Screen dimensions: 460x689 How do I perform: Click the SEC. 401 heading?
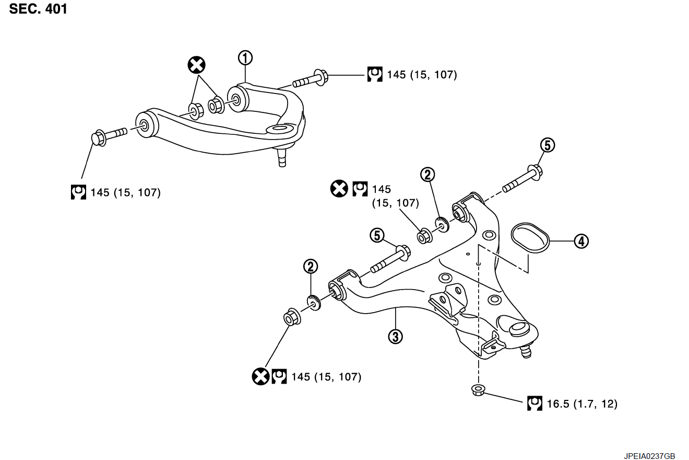point(38,9)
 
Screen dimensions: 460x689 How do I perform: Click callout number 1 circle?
point(245,57)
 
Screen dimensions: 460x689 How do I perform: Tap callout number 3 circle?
point(395,336)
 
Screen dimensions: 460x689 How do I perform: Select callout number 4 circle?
point(581,241)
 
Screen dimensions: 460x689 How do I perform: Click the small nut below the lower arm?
point(477,389)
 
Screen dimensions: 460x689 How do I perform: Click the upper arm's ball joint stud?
point(282,156)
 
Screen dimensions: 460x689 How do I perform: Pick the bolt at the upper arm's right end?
point(311,80)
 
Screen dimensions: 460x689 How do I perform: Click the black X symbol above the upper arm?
point(197,65)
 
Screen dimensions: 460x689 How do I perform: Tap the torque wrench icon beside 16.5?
point(534,404)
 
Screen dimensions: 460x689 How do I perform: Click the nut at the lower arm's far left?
point(291,317)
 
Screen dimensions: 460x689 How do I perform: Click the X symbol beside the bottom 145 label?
point(260,376)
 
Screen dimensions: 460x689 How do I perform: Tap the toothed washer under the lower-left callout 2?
point(313,303)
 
